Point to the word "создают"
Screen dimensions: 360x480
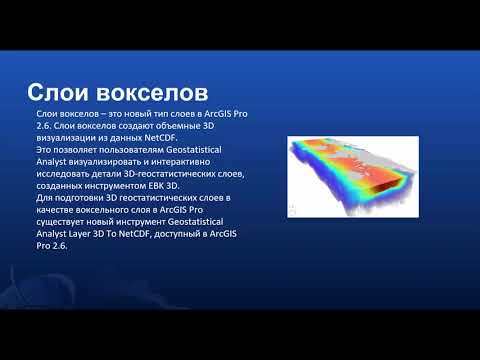124,127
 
